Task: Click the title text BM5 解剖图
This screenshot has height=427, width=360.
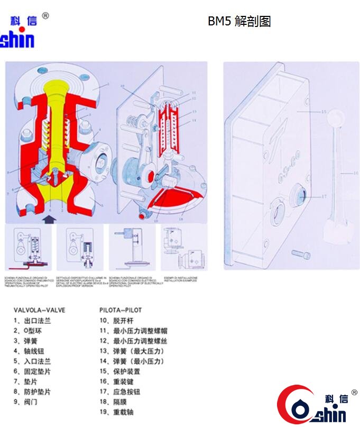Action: pyautogui.click(x=239, y=22)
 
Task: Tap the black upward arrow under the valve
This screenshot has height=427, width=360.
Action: pyautogui.click(x=50, y=217)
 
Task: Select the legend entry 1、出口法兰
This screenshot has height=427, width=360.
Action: pyautogui.click(x=32, y=321)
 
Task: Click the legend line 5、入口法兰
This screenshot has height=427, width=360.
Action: pyautogui.click(x=32, y=361)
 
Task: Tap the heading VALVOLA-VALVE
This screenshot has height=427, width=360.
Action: pyautogui.click(x=40, y=310)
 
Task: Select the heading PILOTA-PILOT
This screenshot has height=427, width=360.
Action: pyautogui.click(x=121, y=310)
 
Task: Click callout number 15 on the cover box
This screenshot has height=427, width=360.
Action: pyautogui.click(x=324, y=112)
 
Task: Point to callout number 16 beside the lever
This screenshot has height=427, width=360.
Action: pyautogui.click(x=355, y=173)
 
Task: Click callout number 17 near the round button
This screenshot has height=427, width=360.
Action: pyautogui.click(x=325, y=196)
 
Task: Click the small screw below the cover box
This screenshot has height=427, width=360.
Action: pyautogui.click(x=299, y=256)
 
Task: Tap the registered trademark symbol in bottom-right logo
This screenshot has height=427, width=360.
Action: pyautogui.click(x=354, y=392)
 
